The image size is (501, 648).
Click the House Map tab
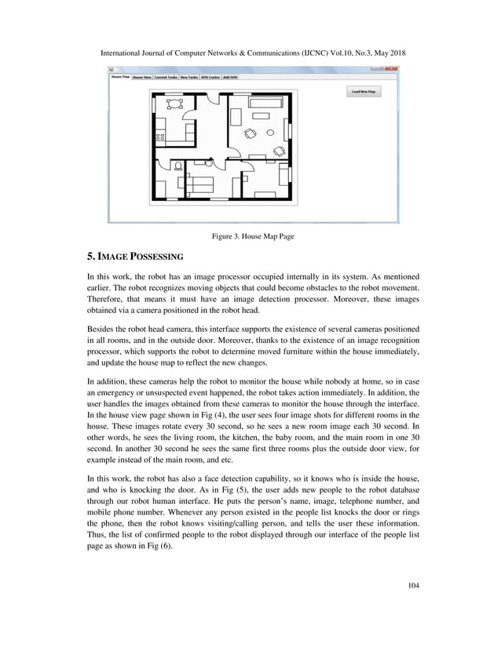pos(120,77)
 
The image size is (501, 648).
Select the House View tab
pos(142,78)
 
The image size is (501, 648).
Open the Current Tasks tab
pos(166,78)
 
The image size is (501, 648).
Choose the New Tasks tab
pos(188,78)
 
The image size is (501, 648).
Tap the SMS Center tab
pos(210,78)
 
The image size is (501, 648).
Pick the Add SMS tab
pos(230,78)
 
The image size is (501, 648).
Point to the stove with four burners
pos(159,137)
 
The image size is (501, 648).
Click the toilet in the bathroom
pos(178,166)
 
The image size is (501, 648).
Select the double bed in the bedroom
pos(202,185)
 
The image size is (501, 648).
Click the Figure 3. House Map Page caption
pos(251,236)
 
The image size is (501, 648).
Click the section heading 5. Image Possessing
pos(134,257)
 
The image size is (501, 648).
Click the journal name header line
pos(251,54)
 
